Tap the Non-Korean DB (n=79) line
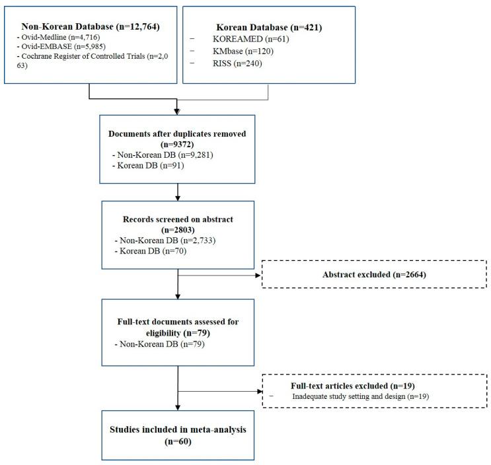coord(152,345)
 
